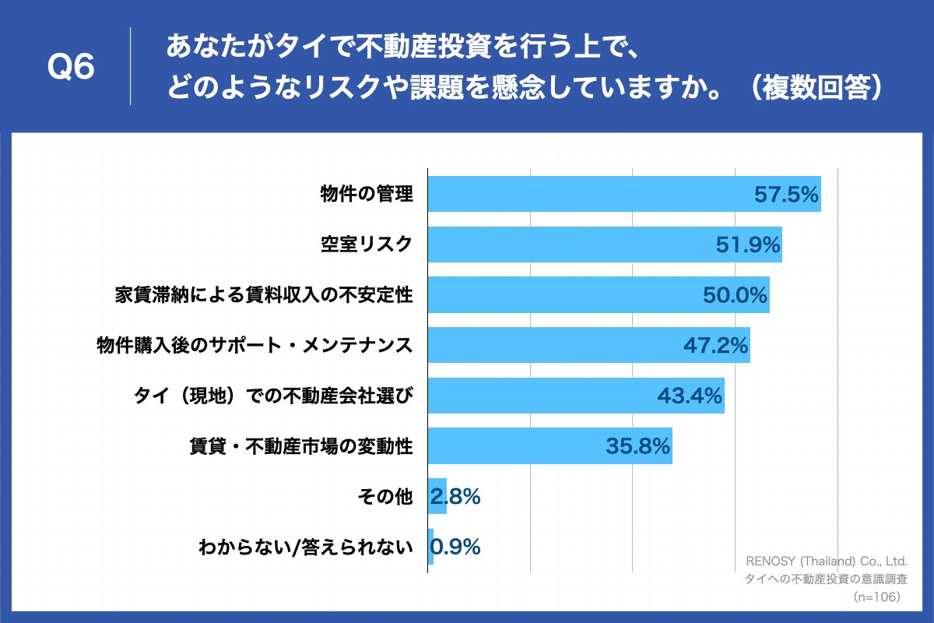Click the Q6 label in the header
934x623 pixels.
71,68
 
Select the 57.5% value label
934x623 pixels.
787,195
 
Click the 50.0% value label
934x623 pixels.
736,295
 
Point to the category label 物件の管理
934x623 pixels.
367,195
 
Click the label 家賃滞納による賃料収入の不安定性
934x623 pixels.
263,295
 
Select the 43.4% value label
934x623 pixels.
690,396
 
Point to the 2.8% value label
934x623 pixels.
455,496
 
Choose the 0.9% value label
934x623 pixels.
455,547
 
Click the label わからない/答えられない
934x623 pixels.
305,547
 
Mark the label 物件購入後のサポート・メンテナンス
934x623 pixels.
254,345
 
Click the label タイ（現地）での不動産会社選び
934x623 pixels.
273,396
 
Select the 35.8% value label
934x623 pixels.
637,446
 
